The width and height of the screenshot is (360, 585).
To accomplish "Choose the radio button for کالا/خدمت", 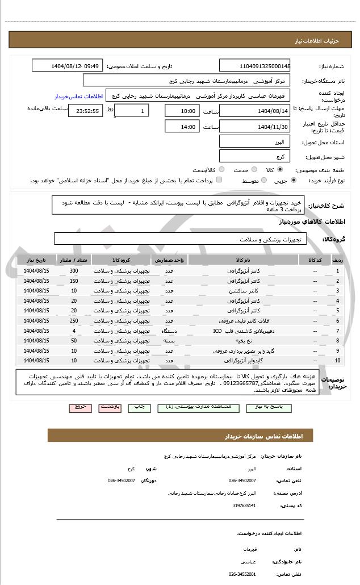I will coord(221,169).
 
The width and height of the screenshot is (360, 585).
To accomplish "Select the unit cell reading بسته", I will coord(169,341).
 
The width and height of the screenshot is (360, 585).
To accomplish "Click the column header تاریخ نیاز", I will coord(37,260).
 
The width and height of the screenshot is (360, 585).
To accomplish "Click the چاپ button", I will coord(139,407).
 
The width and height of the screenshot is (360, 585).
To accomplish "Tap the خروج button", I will coord(79,407).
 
